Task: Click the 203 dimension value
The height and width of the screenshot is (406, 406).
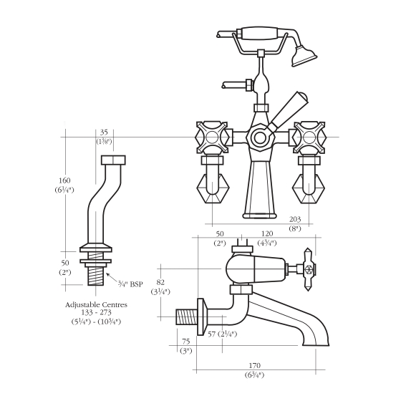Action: (295, 220)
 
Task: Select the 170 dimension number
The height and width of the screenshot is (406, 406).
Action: (254, 366)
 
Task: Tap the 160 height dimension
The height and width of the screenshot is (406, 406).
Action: (64, 180)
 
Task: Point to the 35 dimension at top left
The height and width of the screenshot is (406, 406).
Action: (104, 132)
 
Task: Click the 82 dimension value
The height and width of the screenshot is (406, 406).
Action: (160, 282)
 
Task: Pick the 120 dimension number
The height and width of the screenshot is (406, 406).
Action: (267, 233)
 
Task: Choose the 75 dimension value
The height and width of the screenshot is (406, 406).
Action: (186, 342)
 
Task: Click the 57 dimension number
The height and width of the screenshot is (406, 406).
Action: (212, 334)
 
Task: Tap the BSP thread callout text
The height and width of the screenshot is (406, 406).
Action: (130, 284)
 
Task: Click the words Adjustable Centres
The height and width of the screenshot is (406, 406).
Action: (97, 305)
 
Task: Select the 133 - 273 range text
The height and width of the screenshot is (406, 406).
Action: (97, 313)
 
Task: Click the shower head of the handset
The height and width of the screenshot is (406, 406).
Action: (304, 55)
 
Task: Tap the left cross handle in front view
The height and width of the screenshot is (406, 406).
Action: (213, 137)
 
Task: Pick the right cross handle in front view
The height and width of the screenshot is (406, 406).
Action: (309, 137)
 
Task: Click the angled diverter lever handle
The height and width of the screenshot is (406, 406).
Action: (288, 111)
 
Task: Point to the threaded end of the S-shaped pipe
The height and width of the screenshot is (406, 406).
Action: (96, 276)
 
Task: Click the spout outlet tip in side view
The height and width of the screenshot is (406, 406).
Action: (316, 344)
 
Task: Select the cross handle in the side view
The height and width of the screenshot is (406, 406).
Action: (308, 269)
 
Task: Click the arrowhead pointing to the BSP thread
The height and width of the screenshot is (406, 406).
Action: (107, 274)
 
